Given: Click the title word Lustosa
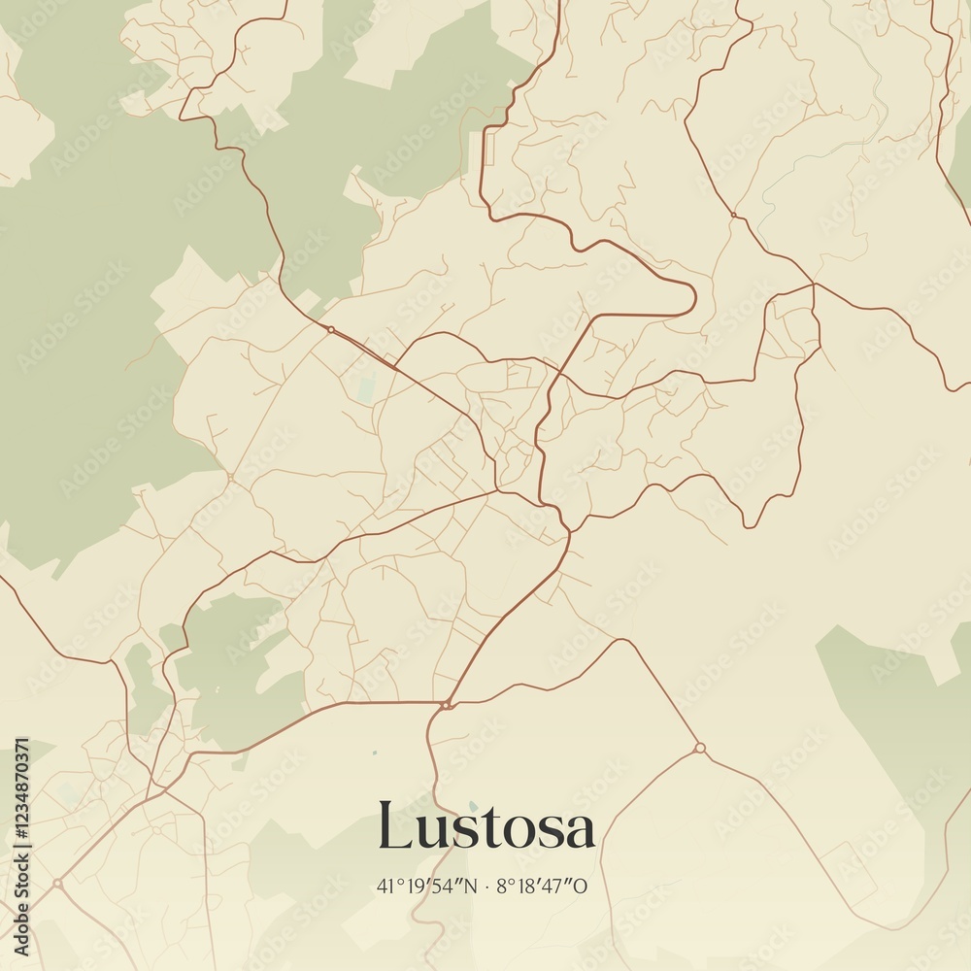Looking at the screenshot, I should (x=485, y=828).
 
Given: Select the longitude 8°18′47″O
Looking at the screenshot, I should (x=543, y=886).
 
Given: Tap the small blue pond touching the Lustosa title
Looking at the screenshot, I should (x=473, y=806).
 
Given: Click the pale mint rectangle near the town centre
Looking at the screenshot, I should (x=366, y=387).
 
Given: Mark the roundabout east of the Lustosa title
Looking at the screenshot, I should (x=699, y=748).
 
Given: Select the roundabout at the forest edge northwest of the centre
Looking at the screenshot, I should (x=330, y=330).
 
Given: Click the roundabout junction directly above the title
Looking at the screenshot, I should (x=445, y=705).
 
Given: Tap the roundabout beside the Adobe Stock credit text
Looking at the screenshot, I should (x=57, y=884).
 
